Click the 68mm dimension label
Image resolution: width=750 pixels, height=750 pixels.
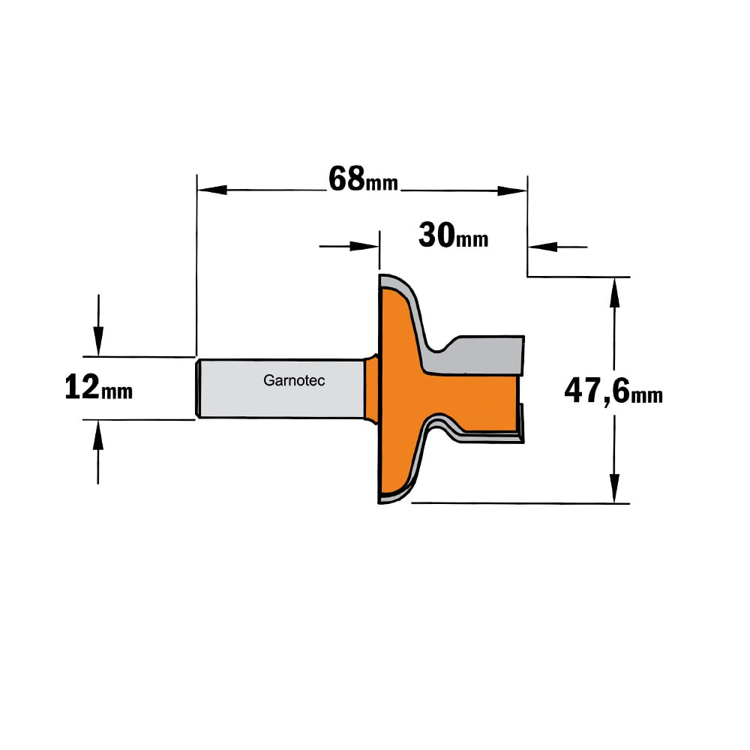pyautogui.click(x=363, y=179)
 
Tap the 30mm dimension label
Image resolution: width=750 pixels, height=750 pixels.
pyautogui.click(x=454, y=235)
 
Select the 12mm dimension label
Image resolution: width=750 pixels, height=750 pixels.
pyautogui.click(x=98, y=388)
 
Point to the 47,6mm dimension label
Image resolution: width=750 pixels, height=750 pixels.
pyautogui.click(x=613, y=391)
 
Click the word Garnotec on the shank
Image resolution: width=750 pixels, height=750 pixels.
pyautogui.click(x=294, y=381)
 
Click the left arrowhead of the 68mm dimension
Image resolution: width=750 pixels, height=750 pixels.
pyautogui.click(x=212, y=190)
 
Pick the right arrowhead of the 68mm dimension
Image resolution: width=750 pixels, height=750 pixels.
pyautogui.click(x=512, y=190)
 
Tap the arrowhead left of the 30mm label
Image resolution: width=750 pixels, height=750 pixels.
pyautogui.click(x=364, y=246)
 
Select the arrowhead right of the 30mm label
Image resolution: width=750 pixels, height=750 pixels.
pyautogui.click(x=543, y=247)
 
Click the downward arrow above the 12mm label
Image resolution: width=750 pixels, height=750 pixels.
pyautogui.click(x=98, y=325)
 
